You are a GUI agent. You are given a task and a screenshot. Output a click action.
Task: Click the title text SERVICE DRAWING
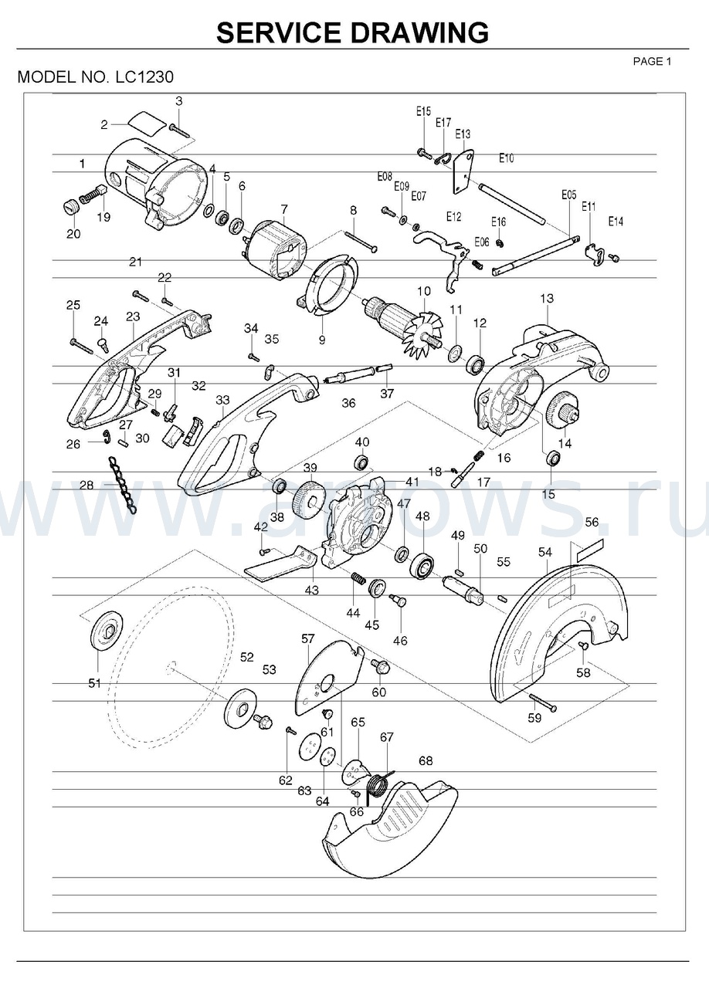(x=353, y=32)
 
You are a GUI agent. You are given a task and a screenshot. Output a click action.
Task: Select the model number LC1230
(x=144, y=77)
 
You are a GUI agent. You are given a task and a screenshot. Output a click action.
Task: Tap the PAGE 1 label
(x=652, y=62)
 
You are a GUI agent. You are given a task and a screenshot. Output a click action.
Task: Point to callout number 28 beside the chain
(x=87, y=485)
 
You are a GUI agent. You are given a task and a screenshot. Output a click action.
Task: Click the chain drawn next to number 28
(x=122, y=485)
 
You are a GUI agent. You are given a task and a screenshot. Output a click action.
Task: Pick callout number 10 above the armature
(x=424, y=291)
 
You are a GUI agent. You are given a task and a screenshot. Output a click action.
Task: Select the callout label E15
(x=423, y=111)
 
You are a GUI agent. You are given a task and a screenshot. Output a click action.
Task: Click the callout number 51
(x=94, y=683)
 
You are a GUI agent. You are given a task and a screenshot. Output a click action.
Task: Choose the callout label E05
(x=569, y=195)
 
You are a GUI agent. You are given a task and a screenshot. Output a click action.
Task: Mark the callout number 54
(x=545, y=553)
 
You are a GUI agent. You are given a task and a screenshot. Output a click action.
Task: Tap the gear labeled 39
(x=308, y=499)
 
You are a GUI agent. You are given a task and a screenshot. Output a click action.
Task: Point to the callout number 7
(x=284, y=209)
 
